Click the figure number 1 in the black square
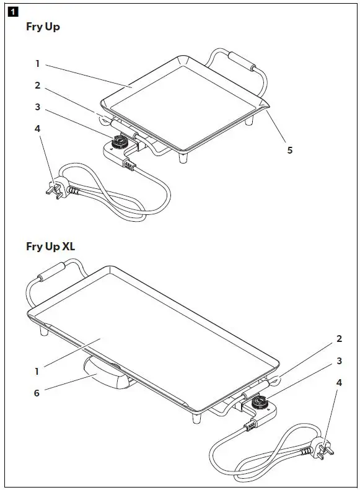[x=15, y=11]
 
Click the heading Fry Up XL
[x=51, y=246]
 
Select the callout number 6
[x=37, y=393]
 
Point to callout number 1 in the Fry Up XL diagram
[x=37, y=372]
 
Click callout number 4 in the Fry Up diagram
[x=37, y=128]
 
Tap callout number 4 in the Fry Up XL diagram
[x=339, y=383]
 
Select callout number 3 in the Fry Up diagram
[x=37, y=107]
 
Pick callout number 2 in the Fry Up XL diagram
[x=339, y=339]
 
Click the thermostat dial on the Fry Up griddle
[x=118, y=145]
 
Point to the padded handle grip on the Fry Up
[x=242, y=63]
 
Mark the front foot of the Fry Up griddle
[x=183, y=158]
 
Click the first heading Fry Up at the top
[x=43, y=27]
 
